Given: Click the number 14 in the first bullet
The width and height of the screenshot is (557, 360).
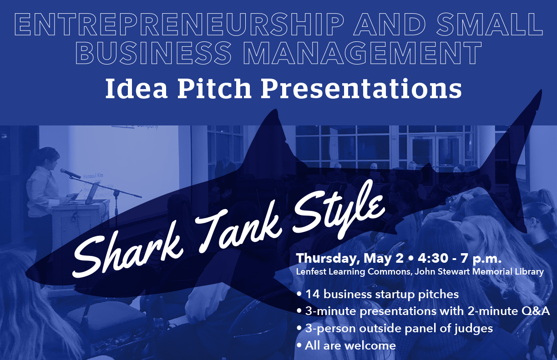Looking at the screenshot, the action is tap(313, 295).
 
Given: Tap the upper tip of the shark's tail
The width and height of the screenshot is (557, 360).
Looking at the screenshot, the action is tap(541, 91).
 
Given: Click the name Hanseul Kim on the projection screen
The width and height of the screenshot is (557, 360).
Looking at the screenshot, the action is tap(93, 176).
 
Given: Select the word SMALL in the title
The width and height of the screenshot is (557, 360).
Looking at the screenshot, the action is tap(489, 25).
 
